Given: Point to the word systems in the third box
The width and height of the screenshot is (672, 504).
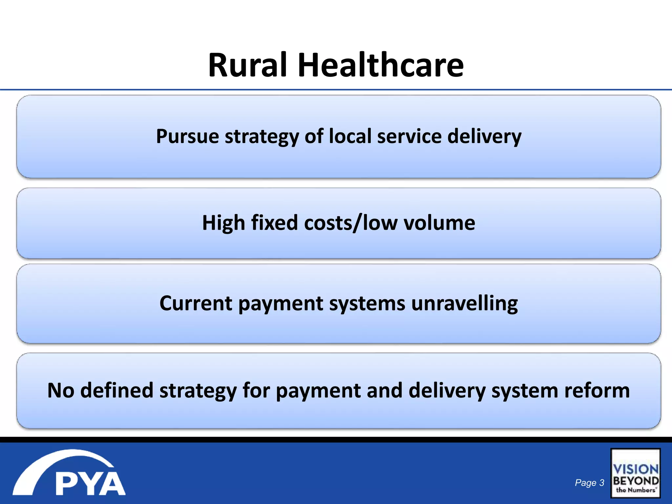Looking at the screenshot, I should [x=367, y=304].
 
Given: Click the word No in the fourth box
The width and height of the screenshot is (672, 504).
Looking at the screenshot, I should [x=61, y=390].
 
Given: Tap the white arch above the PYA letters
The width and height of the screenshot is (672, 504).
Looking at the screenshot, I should [x=62, y=463].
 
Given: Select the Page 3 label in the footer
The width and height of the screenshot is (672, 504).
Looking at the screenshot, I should [x=589, y=483].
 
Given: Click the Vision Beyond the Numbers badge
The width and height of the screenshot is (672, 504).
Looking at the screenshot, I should [x=635, y=473].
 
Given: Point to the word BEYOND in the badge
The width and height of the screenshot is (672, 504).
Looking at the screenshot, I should [x=636, y=481].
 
